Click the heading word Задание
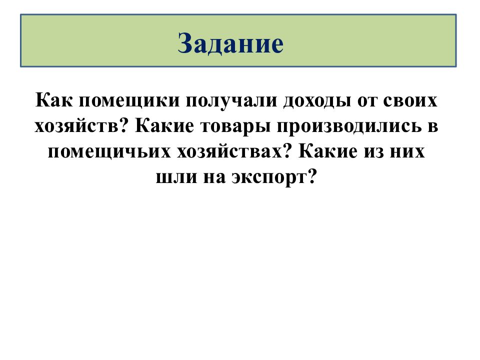(231, 44)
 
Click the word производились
(345, 126)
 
